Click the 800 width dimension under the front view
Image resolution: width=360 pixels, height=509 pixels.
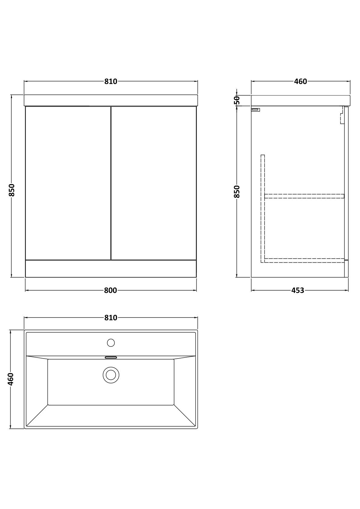tap(110, 290)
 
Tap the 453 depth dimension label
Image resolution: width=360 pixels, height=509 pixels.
tap(298, 290)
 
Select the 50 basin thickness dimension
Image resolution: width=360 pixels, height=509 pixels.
tap(237, 100)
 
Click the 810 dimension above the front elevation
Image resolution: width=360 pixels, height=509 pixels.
tap(111, 81)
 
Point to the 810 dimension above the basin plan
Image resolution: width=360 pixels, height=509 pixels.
tap(111, 318)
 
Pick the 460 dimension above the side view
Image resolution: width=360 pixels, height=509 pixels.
tap(301, 81)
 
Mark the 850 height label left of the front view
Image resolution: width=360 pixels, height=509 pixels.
tap(11, 190)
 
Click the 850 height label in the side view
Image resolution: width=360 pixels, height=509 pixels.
tap(237, 192)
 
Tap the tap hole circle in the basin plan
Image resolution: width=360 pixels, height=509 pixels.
tap(111, 343)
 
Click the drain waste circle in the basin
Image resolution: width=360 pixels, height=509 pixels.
tap(111, 375)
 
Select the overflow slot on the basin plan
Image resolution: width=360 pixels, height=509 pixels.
tap(111, 358)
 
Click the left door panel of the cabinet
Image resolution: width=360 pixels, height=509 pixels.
tap(68, 183)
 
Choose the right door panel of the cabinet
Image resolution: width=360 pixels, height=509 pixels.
tap(154, 183)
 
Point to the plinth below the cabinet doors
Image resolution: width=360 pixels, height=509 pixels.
tap(111, 269)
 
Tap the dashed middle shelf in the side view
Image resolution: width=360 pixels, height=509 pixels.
tap(304, 196)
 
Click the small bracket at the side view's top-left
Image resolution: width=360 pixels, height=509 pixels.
tap(256, 110)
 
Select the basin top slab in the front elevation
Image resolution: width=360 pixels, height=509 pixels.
tap(111, 100)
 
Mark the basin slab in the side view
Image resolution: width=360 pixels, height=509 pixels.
tap(301, 101)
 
